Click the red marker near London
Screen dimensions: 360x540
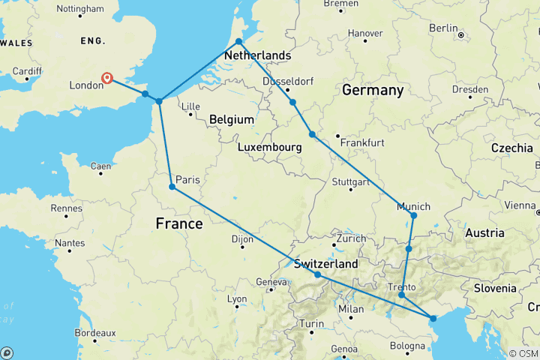click(107, 78)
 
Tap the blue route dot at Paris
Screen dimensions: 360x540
click(172, 187)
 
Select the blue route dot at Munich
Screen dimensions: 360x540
click(413, 216)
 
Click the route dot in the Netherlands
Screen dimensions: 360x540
click(238, 42)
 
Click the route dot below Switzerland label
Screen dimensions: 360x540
click(317, 275)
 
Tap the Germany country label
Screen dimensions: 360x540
click(373, 90)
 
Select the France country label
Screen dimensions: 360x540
click(178, 223)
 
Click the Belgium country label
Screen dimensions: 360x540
click(231, 120)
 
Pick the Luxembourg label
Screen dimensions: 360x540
click(268, 148)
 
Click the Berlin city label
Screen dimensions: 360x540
click(443, 28)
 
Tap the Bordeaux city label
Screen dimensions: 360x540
click(94, 332)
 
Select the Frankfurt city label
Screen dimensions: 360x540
click(362, 142)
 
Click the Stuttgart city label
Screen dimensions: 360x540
click(351, 182)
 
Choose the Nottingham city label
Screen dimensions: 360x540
click(80, 9)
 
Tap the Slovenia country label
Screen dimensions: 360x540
click(494, 288)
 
